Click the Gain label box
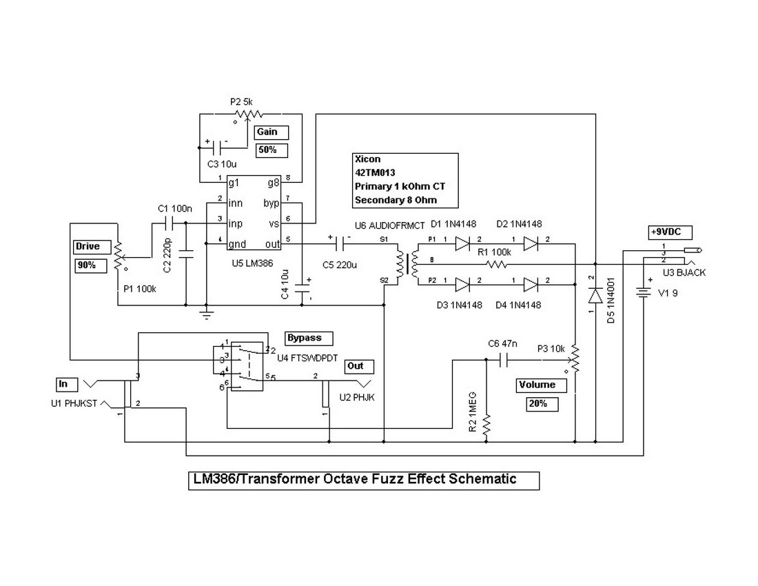(x=271, y=132)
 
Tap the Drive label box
(x=90, y=246)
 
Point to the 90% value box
(x=90, y=265)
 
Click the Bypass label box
(x=309, y=339)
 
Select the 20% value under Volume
(x=540, y=403)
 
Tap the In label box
(x=68, y=383)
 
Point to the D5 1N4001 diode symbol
(x=595, y=295)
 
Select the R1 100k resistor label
(x=493, y=253)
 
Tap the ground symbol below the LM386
(x=205, y=316)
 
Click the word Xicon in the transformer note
(x=367, y=159)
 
